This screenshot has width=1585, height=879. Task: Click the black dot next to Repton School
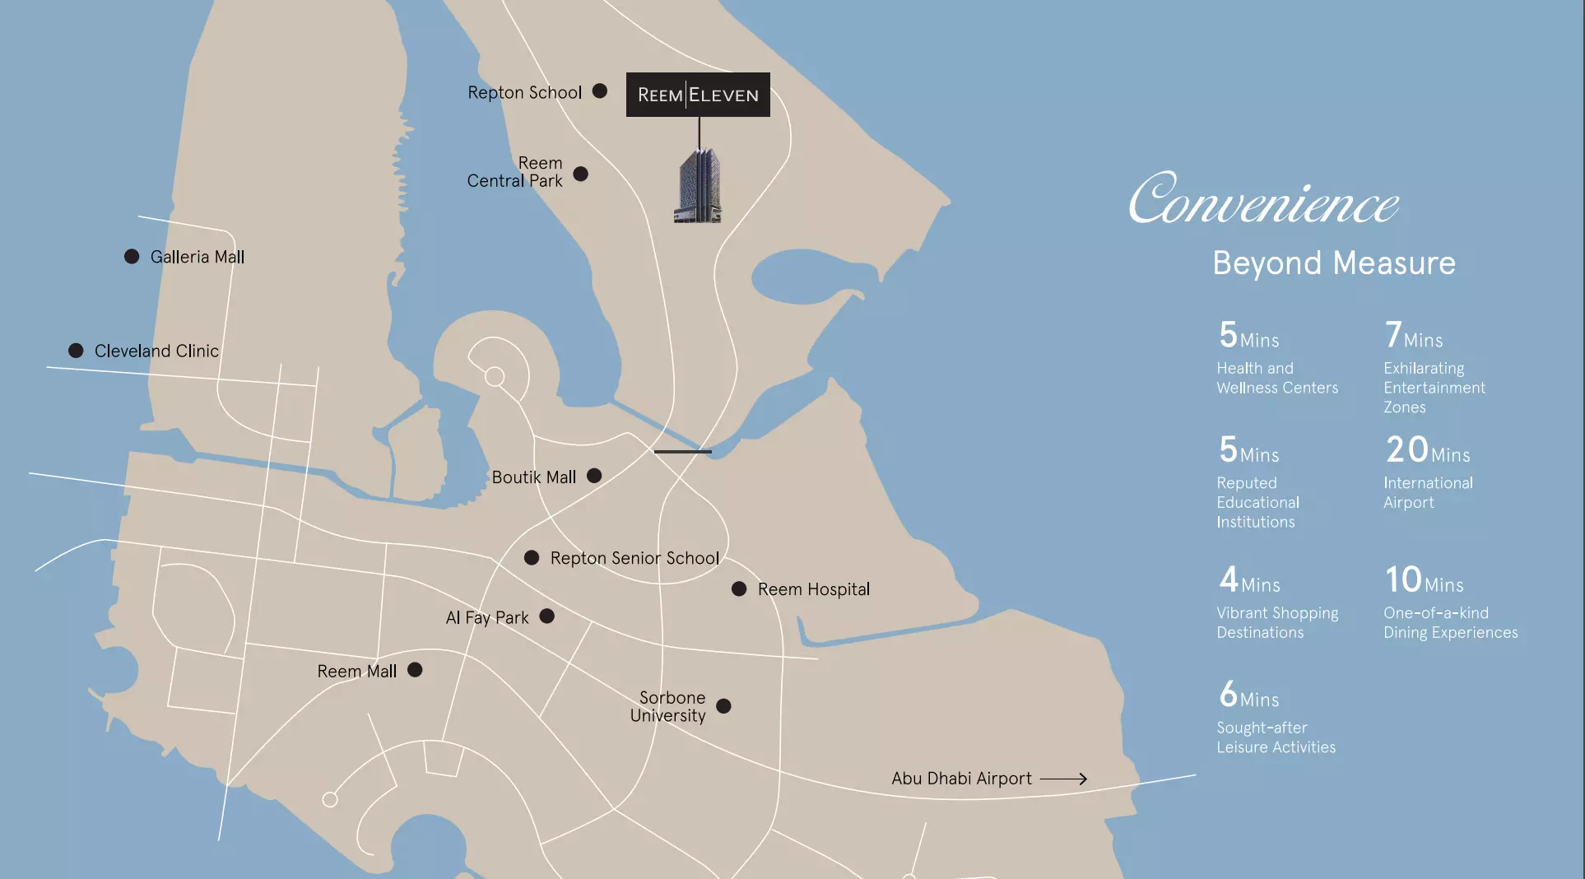[600, 91]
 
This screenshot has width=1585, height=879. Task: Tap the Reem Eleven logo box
[698, 95]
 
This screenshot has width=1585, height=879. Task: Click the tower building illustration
[699, 186]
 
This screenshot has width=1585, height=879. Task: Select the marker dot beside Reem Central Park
[581, 174]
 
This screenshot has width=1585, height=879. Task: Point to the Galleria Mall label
[198, 257]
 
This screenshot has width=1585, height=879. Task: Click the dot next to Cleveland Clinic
[76, 351]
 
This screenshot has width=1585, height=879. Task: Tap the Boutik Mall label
[534, 477]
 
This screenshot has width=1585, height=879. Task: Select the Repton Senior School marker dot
[532, 558]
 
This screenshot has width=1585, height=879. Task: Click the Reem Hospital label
[813, 589]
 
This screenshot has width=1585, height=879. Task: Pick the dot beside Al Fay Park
[547, 616]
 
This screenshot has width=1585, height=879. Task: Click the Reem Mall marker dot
[416, 670]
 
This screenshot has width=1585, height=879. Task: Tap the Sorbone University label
[669, 706]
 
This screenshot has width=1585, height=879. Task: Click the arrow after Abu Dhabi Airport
[1064, 779]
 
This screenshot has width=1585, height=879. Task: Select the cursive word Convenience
[1263, 200]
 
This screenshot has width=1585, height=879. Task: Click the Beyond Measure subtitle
[1334, 263]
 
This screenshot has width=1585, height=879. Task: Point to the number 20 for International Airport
[1406, 450]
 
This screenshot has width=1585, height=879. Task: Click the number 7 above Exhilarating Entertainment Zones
[1392, 335]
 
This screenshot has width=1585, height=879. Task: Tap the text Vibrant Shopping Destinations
[1277, 622]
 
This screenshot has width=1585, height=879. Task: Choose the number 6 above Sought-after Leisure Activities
[1228, 695]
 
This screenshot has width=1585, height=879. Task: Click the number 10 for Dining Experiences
[1403, 579]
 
